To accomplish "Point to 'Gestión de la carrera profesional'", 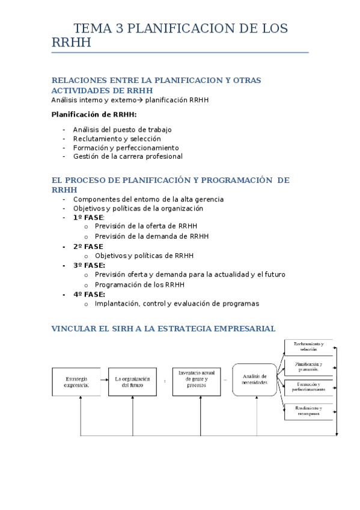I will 127,156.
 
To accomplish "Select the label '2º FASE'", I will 88,247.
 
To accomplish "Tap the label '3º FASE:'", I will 89,265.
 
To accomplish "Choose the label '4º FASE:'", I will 89,295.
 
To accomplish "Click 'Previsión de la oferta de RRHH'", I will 146,226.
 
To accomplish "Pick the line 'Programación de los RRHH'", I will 139,284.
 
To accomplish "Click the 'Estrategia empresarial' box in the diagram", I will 76,381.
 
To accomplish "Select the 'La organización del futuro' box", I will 132,381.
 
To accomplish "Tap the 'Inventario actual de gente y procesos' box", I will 197,381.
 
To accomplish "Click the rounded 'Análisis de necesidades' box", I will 254,380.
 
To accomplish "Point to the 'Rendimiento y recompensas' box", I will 308,411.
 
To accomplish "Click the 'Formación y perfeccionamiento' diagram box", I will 308,387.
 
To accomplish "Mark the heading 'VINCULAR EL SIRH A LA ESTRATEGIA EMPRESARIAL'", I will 163,329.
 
